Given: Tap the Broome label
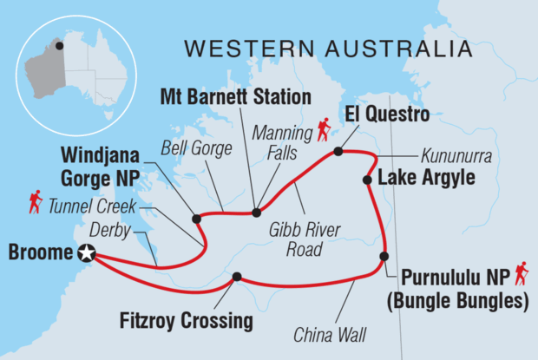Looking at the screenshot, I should coord(41,253).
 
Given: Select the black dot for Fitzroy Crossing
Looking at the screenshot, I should coord(235,278).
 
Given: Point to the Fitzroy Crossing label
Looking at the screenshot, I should coord(186,321).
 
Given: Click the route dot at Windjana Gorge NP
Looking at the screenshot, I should coord(196,219).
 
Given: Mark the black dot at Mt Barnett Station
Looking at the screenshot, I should coord(256,212).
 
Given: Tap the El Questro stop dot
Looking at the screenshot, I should coord(338,152).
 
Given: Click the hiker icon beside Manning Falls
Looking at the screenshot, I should coord(324,131).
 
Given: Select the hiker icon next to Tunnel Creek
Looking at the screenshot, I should coord(35,203).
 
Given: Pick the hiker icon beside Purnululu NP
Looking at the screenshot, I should coord(521,275).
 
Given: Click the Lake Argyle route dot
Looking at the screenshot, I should coord(365,180).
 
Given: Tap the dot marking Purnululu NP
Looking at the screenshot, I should coord(384,256).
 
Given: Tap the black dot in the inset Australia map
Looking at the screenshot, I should coord(60,46).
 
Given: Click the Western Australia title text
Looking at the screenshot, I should coord(330,47).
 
